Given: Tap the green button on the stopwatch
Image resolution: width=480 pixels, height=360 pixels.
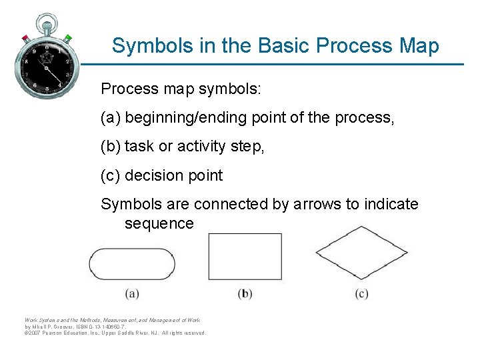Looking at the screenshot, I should tap(67, 37).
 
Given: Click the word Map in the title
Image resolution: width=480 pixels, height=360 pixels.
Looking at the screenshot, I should tap(418, 46).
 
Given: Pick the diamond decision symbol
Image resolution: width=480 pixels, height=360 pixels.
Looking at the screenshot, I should tap(361, 252).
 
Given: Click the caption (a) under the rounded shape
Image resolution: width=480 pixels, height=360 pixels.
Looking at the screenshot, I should tap(131, 293).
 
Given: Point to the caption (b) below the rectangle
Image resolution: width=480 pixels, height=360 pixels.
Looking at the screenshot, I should tap(245, 293).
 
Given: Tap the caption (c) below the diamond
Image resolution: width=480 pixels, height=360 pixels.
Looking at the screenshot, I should tap(361, 293).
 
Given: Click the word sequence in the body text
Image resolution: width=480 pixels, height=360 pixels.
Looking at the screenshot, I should tap(159, 223).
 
